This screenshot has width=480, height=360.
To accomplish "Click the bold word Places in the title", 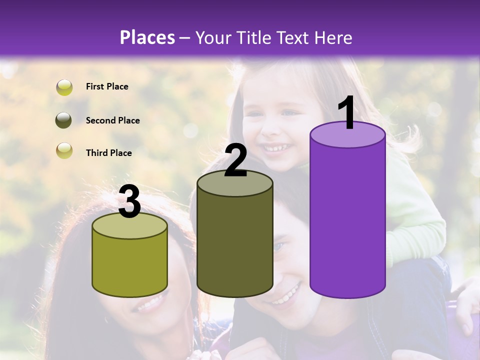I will [x=147, y=37].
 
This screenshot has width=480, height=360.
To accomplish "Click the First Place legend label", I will [x=107, y=86].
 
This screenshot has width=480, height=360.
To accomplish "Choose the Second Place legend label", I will [x=112, y=120].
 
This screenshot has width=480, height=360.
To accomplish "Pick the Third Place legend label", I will [x=108, y=153].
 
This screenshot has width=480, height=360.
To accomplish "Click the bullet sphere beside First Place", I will [x=64, y=87].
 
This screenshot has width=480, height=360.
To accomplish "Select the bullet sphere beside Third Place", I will [x=64, y=150].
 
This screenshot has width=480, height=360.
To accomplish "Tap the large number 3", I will [x=129, y=202].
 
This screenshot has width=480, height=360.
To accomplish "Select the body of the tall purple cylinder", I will [x=347, y=220].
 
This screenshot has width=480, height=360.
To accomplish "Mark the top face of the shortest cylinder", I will [x=129, y=226].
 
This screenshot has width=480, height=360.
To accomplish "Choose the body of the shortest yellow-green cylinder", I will [x=129, y=265].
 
